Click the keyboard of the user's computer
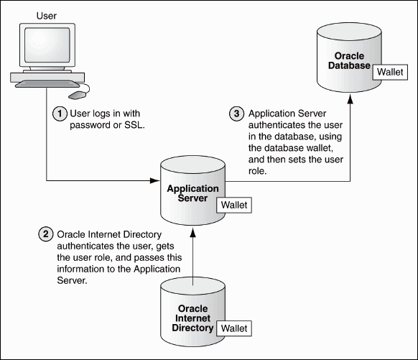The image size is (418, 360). (x=43, y=84)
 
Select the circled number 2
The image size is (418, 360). (x=45, y=234)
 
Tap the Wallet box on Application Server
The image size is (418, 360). (x=234, y=205)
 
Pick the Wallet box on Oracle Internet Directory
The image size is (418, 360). (x=235, y=328)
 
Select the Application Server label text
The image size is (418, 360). (x=192, y=193)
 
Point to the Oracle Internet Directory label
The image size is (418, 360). (x=191, y=318)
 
